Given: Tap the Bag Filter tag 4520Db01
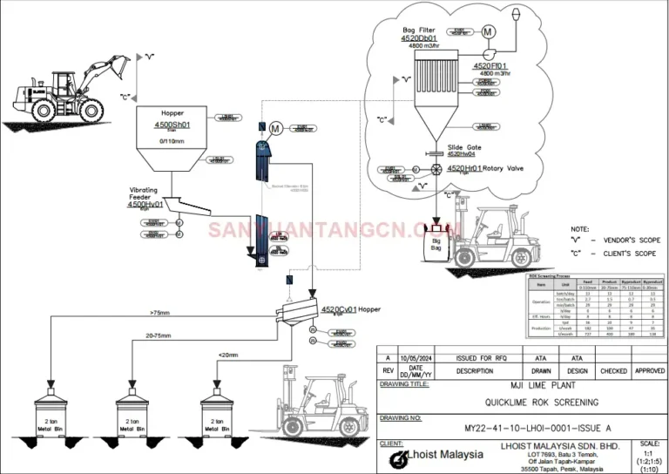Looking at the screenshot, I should tap(419, 38).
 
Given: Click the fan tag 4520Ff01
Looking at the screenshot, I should tap(490, 65).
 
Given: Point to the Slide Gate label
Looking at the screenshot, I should tap(463, 147).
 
